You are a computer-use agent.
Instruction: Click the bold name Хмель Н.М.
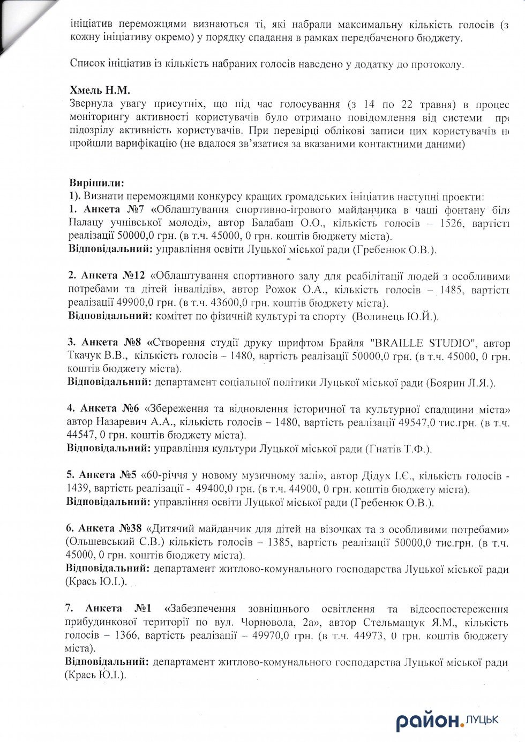tap(100, 90)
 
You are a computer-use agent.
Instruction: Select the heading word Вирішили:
tap(96, 183)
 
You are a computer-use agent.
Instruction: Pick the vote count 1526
tap(451, 223)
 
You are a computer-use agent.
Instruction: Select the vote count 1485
tap(451, 290)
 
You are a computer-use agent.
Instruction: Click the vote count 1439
tap(78, 489)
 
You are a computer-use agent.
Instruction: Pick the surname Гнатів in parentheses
tap(386, 449)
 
